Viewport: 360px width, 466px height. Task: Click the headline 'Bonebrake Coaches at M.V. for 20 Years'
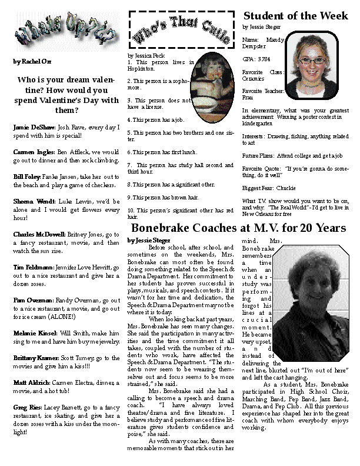pyautogui.click(x=238, y=228)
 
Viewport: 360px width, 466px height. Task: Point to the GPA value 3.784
pyautogui.click(x=264, y=59)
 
